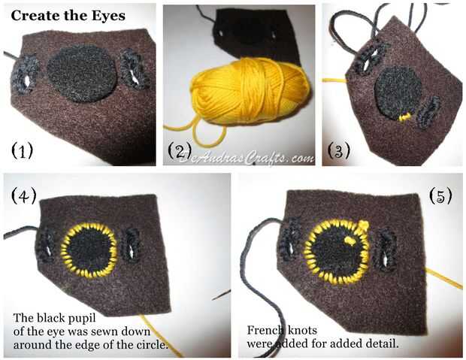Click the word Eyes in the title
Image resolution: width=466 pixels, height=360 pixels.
108,16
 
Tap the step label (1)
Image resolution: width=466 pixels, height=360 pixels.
22,150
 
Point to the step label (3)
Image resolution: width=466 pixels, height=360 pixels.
338,150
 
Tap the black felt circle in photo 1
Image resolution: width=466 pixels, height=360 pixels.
81,74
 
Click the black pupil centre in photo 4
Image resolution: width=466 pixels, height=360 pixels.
89,250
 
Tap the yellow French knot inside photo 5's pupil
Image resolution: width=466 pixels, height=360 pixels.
349,240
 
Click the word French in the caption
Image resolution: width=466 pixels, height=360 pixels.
263,330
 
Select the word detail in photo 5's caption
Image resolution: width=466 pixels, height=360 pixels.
383,343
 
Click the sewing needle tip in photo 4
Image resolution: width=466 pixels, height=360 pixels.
213,299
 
